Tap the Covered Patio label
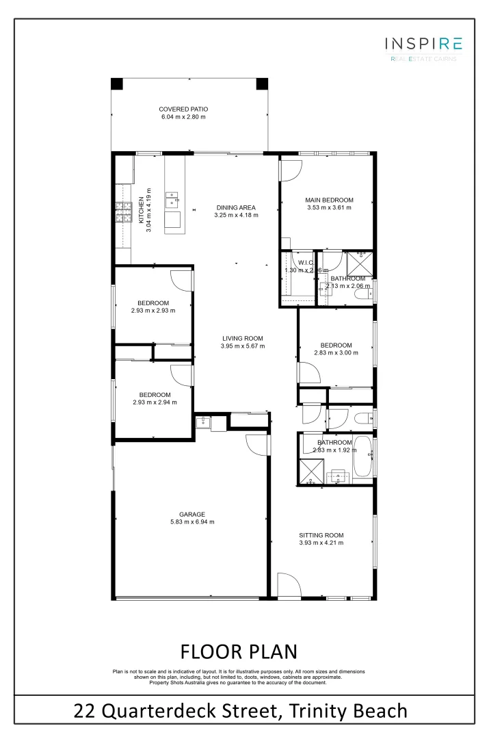[x=183, y=109]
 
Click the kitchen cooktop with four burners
[x=124, y=214]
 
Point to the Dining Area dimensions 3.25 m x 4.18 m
[x=236, y=216]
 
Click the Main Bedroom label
[x=329, y=200]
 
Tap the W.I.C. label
[x=305, y=262]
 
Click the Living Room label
[x=242, y=338]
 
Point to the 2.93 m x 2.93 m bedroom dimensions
[x=153, y=311]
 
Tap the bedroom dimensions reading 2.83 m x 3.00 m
[x=336, y=353]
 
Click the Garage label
[x=192, y=514]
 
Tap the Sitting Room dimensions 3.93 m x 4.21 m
[x=321, y=543]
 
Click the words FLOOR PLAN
[x=239, y=650]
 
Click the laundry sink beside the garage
[x=202, y=422]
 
